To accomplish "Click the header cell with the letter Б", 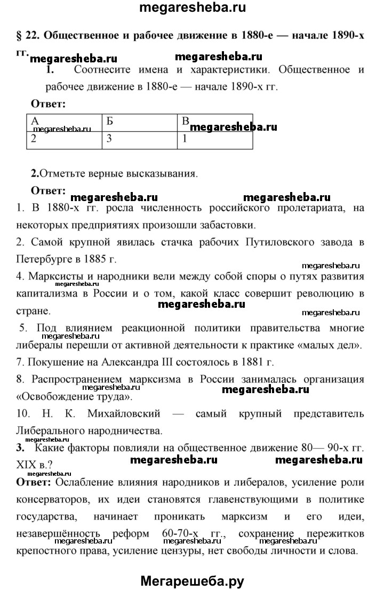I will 139,122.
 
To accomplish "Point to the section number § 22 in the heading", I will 24,37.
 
